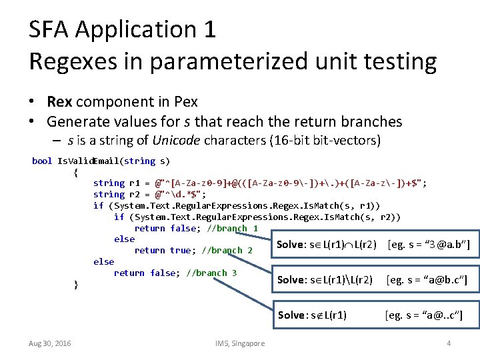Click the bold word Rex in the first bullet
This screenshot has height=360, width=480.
point(60,102)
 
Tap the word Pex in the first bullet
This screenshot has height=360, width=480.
point(185,102)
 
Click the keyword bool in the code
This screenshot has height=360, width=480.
point(42,161)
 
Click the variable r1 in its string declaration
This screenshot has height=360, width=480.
point(135,183)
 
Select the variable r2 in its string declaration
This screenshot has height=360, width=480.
point(135,194)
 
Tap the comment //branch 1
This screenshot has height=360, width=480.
point(233,228)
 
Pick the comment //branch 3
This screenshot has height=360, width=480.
point(212,273)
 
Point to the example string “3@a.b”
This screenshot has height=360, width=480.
point(445,245)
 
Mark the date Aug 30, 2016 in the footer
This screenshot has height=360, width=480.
point(51,343)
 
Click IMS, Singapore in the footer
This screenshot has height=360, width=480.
point(239,343)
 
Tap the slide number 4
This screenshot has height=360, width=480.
point(449,343)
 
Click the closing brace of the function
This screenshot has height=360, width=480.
point(76,285)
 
